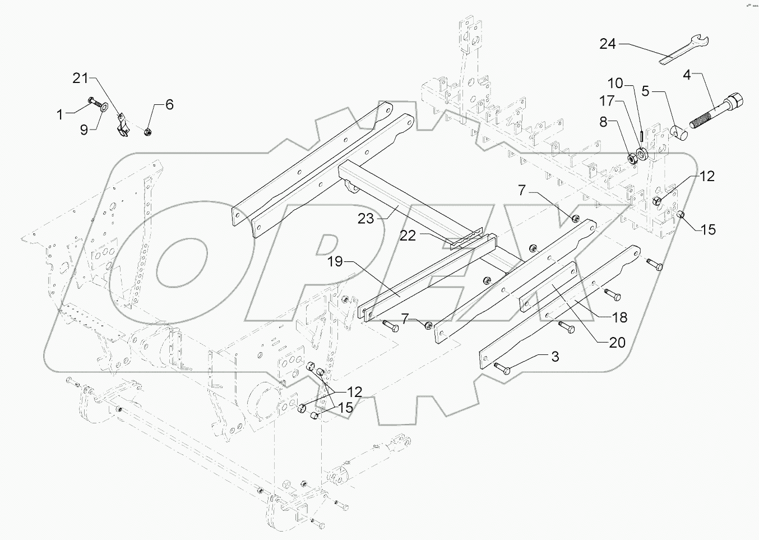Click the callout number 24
click(608, 44)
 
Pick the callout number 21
click(81, 78)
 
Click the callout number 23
click(366, 219)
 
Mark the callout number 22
click(408, 236)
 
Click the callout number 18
click(619, 317)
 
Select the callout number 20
click(617, 342)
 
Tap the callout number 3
click(554, 357)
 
